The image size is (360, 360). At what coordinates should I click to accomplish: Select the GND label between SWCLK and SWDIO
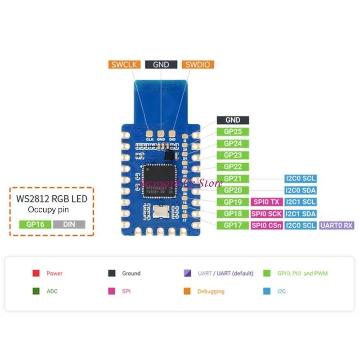coord(161,64)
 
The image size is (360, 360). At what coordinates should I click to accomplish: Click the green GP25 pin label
coord(233,132)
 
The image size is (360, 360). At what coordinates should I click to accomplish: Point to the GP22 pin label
coord(233,167)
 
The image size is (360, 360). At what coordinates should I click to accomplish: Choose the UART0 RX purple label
coord(337,225)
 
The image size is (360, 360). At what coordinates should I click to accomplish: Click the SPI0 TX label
coord(267,202)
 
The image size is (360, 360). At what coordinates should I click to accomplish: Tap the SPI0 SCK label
coord(267,214)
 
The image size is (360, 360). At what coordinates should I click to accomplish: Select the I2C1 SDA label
coord(300,214)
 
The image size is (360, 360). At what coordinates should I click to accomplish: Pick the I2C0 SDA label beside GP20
coord(300,190)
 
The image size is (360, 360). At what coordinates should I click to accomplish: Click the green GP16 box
coord(35,224)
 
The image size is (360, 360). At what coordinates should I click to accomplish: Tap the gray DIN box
coord(69,224)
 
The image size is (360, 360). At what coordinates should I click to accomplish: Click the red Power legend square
coord(36,273)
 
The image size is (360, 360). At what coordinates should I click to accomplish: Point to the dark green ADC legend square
coord(36,291)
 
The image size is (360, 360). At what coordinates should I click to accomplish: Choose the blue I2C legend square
coord(267,291)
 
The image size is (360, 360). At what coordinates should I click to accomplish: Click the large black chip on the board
coord(157,180)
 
